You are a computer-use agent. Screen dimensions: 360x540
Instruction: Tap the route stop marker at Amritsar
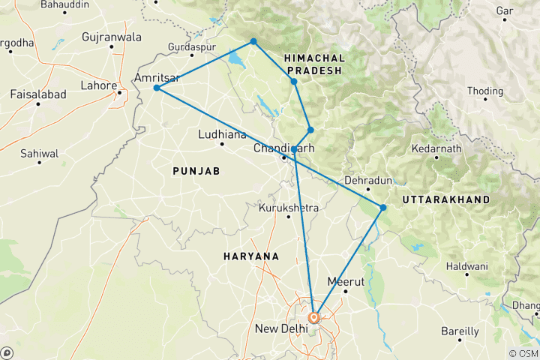tap(156, 88)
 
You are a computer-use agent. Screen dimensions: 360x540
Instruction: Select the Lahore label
tap(99, 85)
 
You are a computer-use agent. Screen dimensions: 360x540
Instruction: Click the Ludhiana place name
tap(221, 135)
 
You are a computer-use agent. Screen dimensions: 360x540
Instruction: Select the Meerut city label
tap(346, 282)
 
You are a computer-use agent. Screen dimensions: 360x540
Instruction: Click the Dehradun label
tap(368, 181)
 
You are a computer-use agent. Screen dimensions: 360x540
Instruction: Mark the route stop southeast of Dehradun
tap(382, 208)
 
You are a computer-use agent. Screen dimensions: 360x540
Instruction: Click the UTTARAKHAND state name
tap(446, 200)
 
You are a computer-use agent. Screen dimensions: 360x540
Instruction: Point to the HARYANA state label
tap(251, 256)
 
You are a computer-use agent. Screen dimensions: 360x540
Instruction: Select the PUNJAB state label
tap(196, 172)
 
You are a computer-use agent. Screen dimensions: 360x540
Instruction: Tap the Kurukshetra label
tap(289, 208)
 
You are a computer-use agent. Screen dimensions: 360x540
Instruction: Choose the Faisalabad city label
tap(38, 94)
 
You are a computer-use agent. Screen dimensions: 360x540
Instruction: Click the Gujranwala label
tap(112, 36)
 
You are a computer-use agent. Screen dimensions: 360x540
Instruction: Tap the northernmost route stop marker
tap(253, 41)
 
